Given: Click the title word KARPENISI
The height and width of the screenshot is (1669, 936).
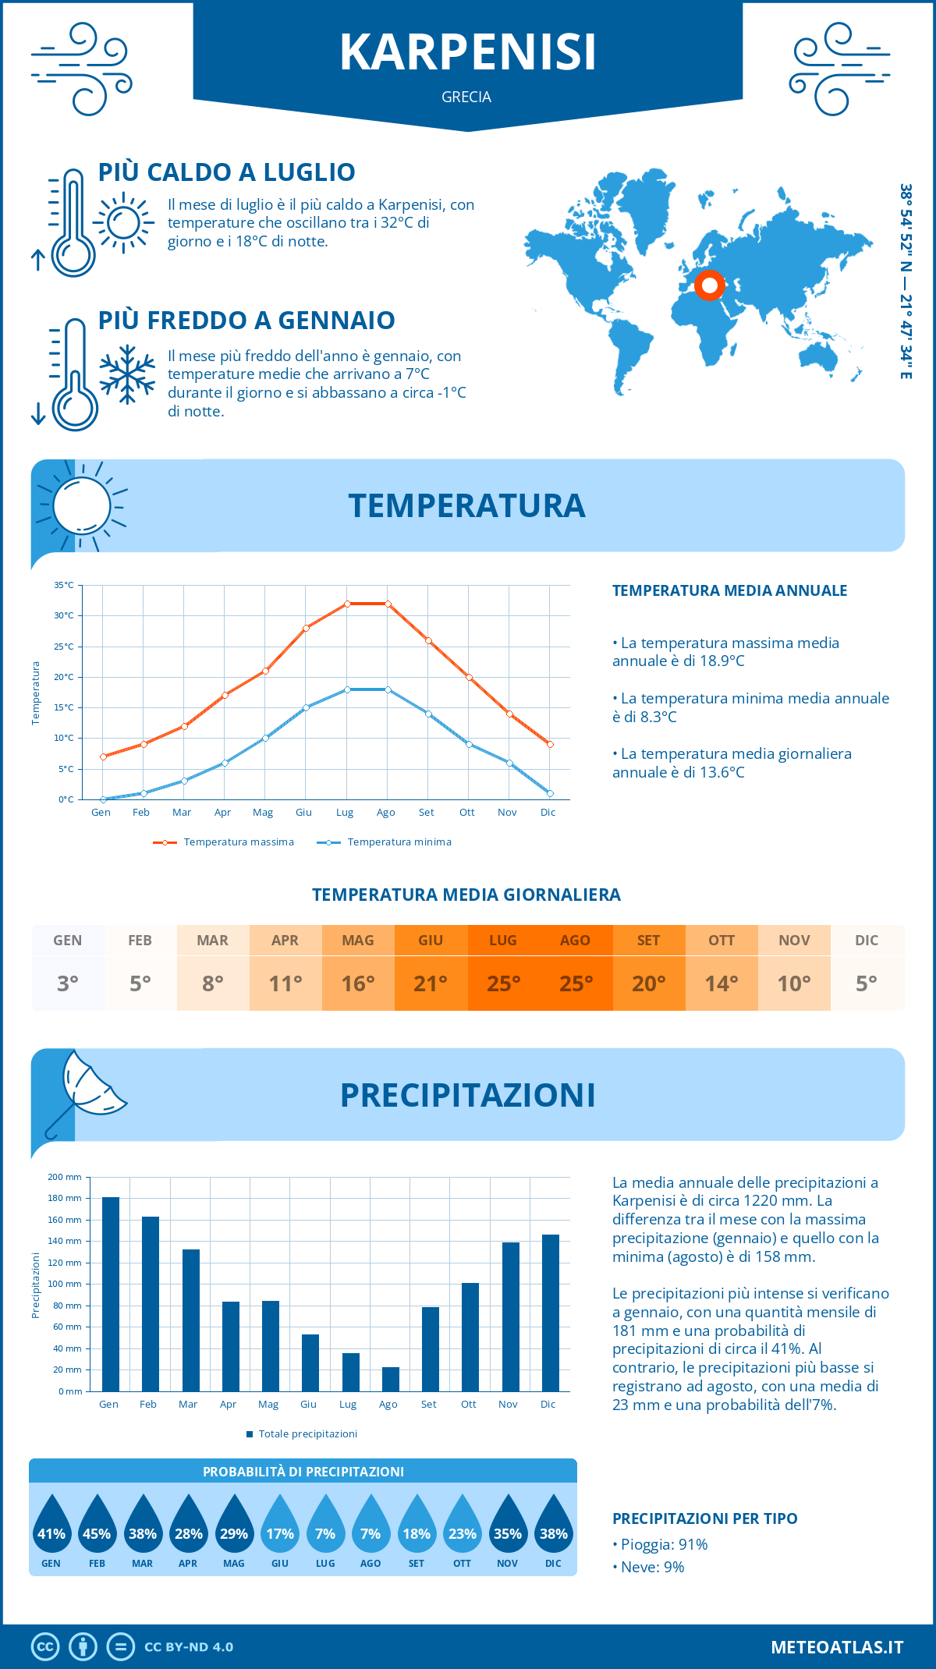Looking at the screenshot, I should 468,52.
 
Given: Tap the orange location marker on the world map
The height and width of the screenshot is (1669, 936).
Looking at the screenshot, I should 709,285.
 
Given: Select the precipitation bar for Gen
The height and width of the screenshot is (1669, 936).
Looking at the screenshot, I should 111,1294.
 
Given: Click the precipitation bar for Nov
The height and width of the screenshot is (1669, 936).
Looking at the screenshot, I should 511,1316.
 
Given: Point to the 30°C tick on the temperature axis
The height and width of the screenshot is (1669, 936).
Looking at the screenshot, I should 65,615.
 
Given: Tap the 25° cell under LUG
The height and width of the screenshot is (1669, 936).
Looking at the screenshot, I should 503,983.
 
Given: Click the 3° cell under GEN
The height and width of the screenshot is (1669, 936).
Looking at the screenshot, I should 68,983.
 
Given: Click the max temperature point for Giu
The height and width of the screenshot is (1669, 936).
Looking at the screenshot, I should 306,628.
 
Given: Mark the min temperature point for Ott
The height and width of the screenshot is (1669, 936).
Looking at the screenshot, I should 469,744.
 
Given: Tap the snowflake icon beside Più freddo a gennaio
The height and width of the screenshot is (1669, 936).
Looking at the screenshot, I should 127,374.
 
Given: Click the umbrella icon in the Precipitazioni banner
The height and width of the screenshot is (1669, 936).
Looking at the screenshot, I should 87,1089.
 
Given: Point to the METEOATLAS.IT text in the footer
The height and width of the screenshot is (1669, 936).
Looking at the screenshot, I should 837,1647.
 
